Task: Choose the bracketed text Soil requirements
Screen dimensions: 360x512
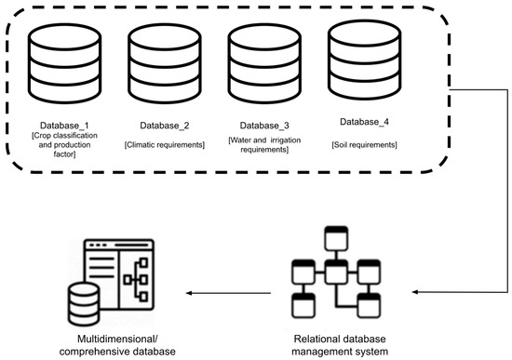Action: (362, 145)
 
